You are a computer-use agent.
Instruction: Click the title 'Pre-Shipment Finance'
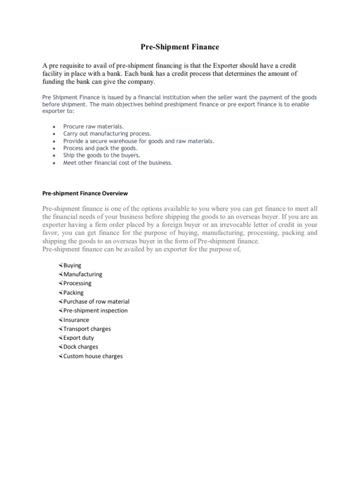pos(180,47)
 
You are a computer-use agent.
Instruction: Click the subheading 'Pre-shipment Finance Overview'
pos(85,193)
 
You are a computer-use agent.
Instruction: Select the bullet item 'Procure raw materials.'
pos(93,127)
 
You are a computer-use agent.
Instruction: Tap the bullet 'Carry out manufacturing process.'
pos(107,134)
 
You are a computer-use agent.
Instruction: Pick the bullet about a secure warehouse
pos(138,141)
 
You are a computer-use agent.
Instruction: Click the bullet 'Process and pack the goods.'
pos(100,148)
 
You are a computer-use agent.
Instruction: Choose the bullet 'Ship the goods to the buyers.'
pos(102,155)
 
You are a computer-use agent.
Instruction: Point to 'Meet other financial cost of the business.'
pos(118,163)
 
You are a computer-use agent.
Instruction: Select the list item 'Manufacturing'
pos(82,274)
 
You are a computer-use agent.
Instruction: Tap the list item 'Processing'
pos(77,283)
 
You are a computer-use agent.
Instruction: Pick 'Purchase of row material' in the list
pos(96,301)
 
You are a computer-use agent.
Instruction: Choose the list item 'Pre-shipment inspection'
pos(95,310)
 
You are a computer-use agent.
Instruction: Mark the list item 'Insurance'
pos(76,320)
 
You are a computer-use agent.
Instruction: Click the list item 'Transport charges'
pos(87,329)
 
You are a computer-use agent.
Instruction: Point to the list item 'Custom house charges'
pos(93,356)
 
